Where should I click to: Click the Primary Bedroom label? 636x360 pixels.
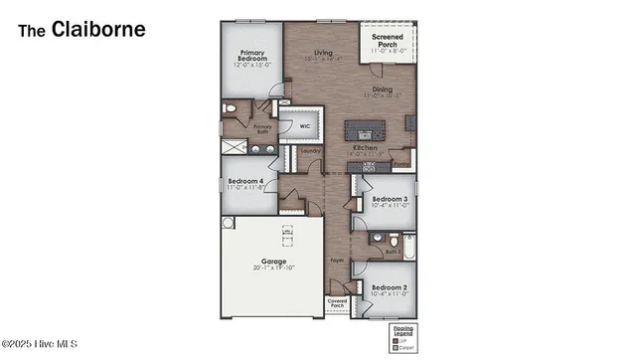(252, 59)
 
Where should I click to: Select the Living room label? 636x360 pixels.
(323, 53)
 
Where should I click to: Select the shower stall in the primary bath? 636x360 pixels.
(234, 147)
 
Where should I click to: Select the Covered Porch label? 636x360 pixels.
(337, 302)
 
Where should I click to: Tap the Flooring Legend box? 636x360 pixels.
(401, 337)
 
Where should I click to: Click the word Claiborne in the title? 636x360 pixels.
(98, 29)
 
